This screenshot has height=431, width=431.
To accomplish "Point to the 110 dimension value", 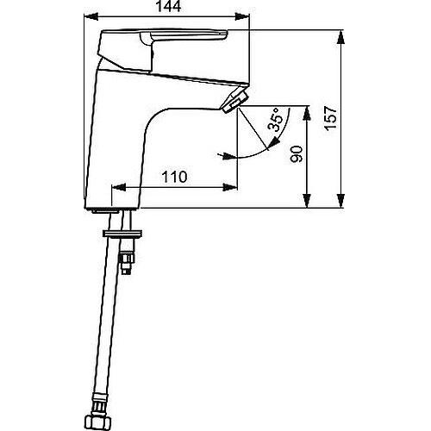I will pyautogui.click(x=174, y=178).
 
